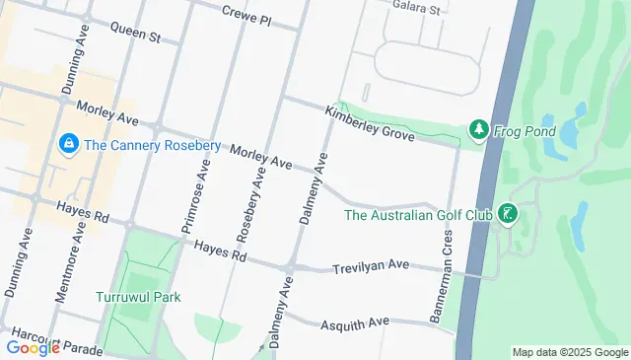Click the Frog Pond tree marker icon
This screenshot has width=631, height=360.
478,130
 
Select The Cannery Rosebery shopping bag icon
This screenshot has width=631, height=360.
68,145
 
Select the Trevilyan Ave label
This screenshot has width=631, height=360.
370,266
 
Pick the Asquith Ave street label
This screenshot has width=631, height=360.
356,323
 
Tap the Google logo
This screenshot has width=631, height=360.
33,347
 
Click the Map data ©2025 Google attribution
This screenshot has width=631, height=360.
570,352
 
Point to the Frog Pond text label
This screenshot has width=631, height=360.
526,131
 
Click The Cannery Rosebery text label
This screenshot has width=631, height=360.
153,145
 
